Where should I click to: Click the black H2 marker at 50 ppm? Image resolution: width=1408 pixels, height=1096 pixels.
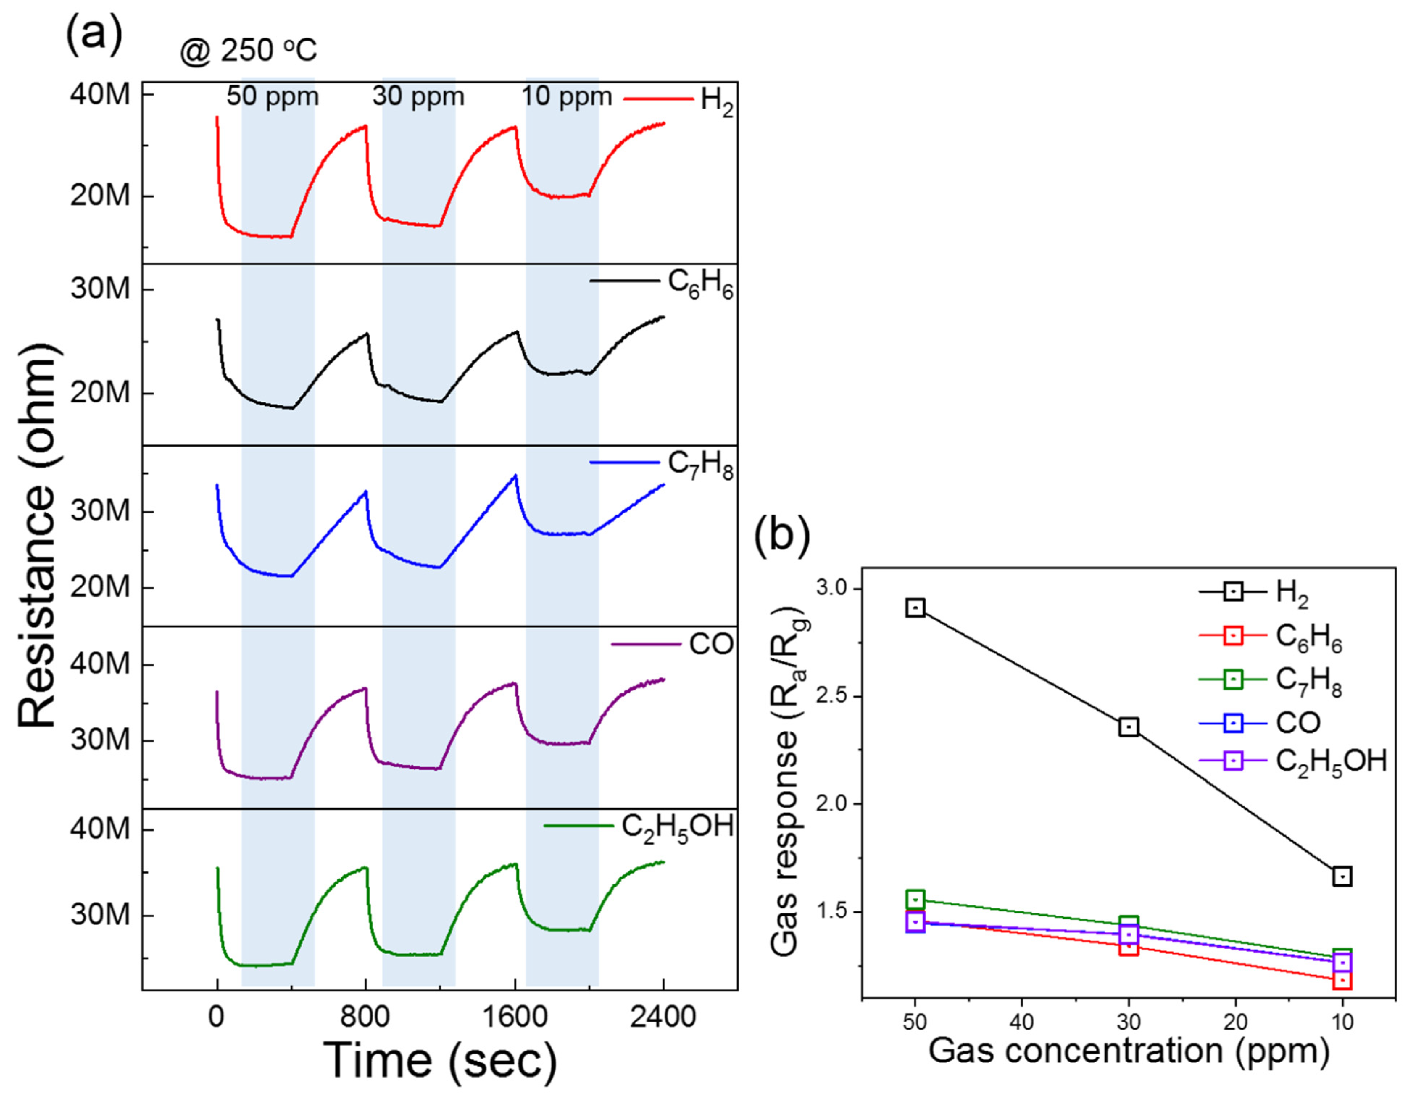(915, 608)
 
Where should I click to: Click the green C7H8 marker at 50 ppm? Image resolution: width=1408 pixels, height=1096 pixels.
(915, 899)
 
